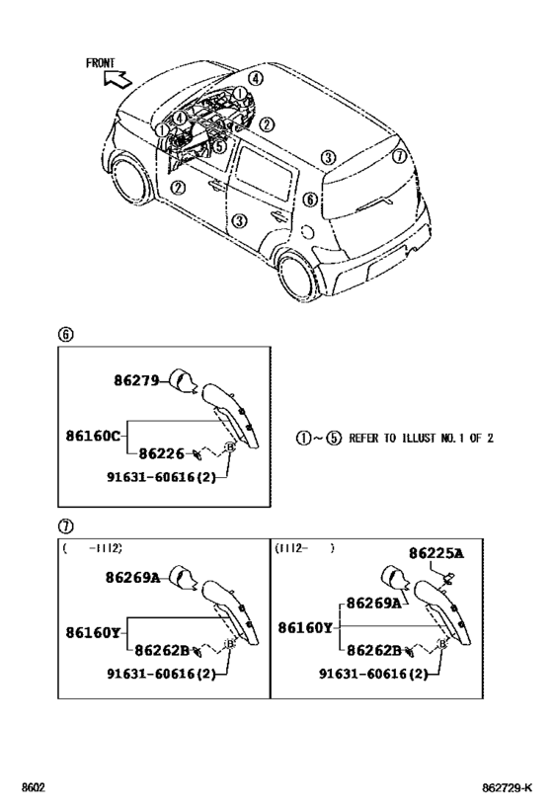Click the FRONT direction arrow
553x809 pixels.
coord(118,79)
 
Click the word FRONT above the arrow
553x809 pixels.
coord(100,63)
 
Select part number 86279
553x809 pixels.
coord(136,380)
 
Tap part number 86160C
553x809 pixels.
coord(93,436)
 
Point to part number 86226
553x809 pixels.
coord(162,453)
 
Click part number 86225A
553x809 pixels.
coord(436,553)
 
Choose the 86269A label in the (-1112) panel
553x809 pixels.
coord(132,577)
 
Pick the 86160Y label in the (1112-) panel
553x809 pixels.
coord(305,627)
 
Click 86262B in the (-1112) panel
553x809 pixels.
coord(162,651)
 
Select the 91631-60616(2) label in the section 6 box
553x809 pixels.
coord(162,477)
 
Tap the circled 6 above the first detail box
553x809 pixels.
coord(65,334)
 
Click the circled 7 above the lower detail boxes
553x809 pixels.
coord(65,526)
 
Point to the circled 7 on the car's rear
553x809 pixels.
coord(399,155)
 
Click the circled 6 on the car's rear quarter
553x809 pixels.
coord(309,200)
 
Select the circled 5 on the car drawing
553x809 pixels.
coord(219,146)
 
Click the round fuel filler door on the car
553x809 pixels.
coord(307,232)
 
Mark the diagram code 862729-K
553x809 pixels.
coord(508,788)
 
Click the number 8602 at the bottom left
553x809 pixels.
coord(33,788)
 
